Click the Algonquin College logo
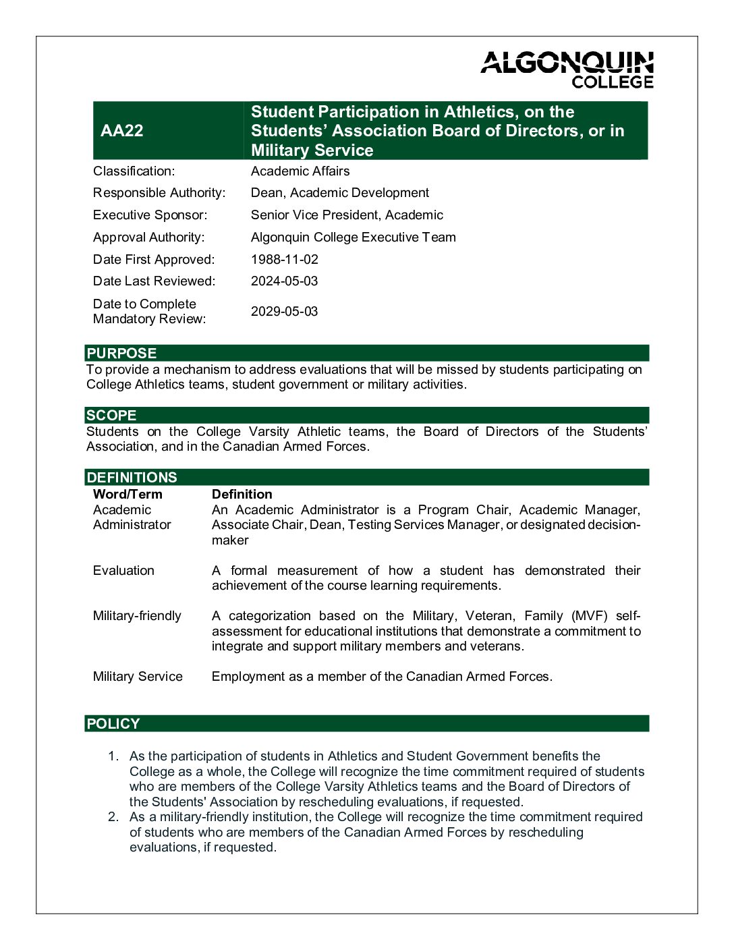[x=567, y=70]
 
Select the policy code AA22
[x=121, y=131]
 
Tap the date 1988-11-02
[x=284, y=260]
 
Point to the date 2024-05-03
[x=284, y=281]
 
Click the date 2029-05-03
[x=284, y=312]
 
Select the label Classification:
[x=134, y=171]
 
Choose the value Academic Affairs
[x=300, y=171]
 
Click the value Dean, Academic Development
[x=339, y=193]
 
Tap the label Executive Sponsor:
[x=150, y=215]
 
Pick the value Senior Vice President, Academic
[x=347, y=215]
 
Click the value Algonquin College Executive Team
[x=353, y=237]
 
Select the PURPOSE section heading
[x=121, y=354]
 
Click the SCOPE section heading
[x=111, y=416]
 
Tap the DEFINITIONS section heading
[x=132, y=478]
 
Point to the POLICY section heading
[x=113, y=724]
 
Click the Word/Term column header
[x=128, y=495]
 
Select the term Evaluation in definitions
[x=123, y=571]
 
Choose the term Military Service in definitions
[x=138, y=677]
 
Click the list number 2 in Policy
[x=113, y=817]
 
